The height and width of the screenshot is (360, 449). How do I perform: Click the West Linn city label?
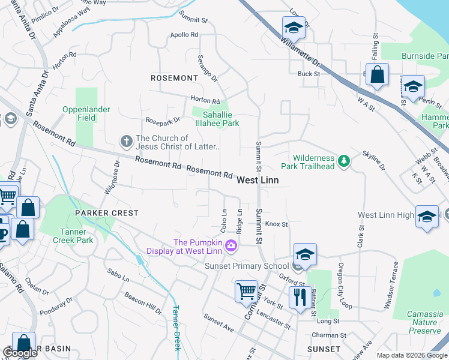coord(258,180)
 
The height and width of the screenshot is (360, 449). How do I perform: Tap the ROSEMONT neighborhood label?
coord(174,78)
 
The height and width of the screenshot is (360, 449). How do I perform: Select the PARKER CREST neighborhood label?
coord(106,213)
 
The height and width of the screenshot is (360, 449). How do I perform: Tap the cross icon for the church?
coord(126,141)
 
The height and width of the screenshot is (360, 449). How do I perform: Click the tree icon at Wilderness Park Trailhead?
coord(343,161)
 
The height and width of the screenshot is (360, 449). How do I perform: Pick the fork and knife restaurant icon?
coord(298,295)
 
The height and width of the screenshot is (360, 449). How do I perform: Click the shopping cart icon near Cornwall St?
coord(246,291)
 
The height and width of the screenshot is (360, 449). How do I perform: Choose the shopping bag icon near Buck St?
coord(377,75)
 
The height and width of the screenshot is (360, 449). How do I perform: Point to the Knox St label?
coord(277,224)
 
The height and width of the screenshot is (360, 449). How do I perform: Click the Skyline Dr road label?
coord(373,160)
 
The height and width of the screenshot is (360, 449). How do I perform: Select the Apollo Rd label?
coord(184,35)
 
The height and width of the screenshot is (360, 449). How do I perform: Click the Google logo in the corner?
coord(19,353)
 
